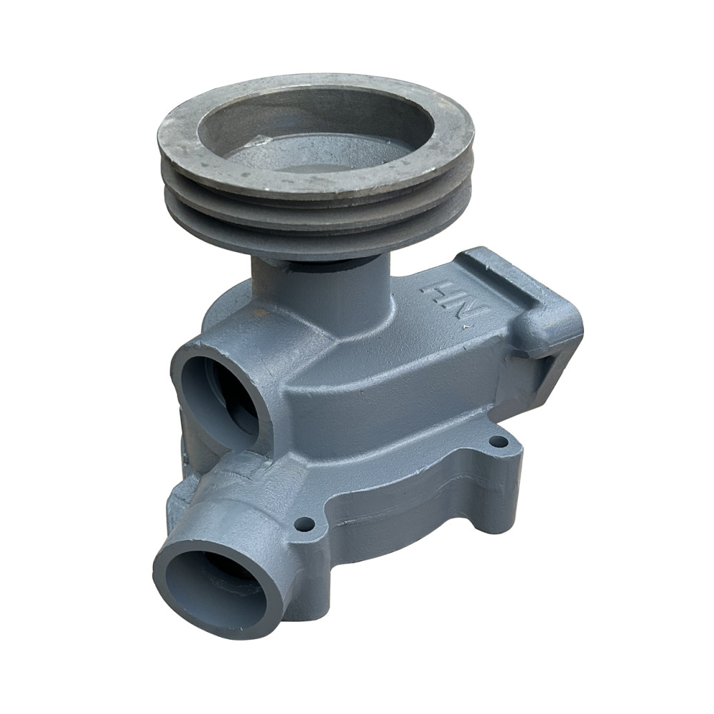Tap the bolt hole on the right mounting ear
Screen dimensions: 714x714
coord(498,441)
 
